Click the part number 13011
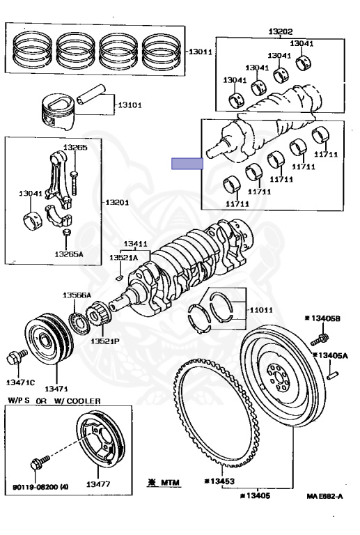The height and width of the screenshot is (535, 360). tap(200, 52)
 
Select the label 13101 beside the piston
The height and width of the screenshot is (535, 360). tap(130, 105)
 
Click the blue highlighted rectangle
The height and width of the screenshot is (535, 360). tap(187, 164)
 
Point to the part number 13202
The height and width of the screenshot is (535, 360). tap(280, 32)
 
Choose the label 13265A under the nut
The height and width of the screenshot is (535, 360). tap(68, 254)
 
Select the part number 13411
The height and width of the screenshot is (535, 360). tap(136, 244)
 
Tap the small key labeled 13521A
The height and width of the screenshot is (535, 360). tap(119, 277)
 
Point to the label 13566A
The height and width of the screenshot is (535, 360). tap(77, 295)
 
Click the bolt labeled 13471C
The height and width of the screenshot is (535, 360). tap(17, 357)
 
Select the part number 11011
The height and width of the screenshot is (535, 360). tap(261, 310)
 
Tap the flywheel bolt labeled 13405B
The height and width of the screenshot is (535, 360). tap(320, 339)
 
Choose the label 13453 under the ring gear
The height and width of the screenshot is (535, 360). tap(219, 481)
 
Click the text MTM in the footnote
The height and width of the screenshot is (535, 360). tap(170, 483)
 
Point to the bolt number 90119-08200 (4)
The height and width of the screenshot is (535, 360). tap(40, 486)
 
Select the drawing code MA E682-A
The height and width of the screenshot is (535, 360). tap(324, 496)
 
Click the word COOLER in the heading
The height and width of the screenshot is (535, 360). tap(84, 401)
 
